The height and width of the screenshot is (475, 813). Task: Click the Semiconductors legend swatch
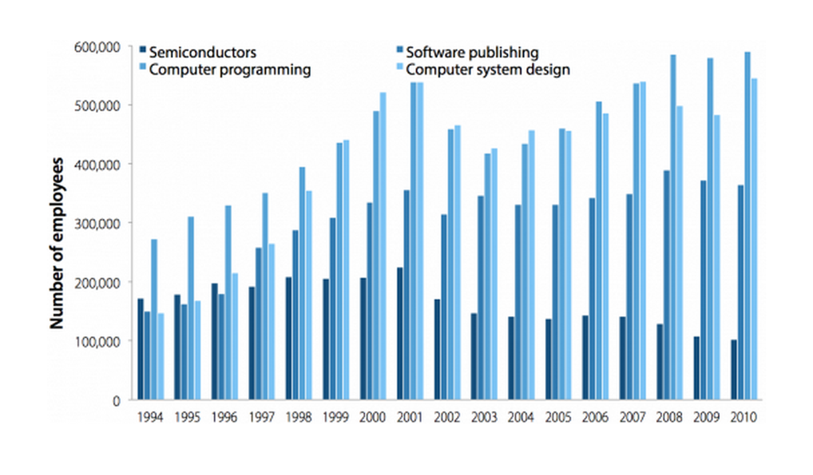point(142,51)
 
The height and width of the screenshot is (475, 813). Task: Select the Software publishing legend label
point(472,52)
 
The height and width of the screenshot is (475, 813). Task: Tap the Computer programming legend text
point(231,69)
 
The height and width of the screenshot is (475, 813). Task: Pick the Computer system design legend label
point(488,69)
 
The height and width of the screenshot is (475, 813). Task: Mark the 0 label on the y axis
point(115,400)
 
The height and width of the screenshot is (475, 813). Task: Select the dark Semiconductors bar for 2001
point(400,334)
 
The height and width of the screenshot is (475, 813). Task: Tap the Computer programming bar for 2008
point(673,227)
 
